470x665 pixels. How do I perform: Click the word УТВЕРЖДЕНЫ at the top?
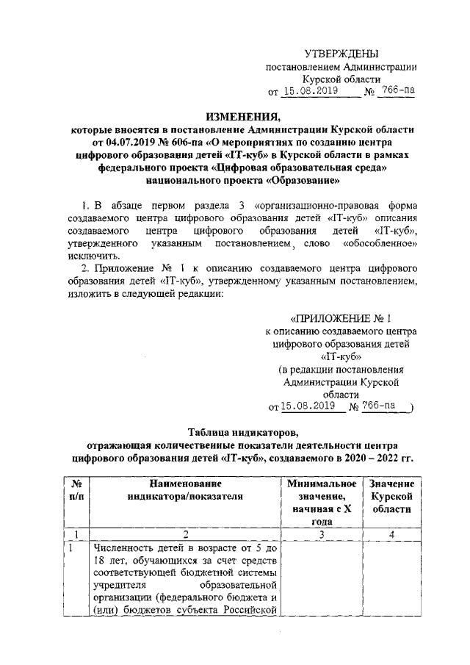click(343, 54)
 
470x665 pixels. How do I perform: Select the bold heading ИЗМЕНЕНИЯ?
click(235, 115)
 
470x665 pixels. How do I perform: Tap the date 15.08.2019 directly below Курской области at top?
click(310, 91)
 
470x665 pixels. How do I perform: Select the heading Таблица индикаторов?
click(234, 432)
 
